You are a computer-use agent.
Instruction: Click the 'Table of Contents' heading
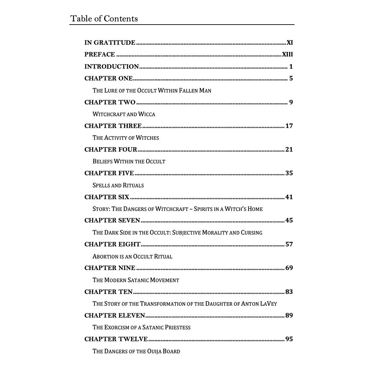104,18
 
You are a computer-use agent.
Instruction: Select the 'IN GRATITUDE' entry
110,43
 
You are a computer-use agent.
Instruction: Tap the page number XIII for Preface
287,55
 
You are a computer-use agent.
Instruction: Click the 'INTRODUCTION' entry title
112,67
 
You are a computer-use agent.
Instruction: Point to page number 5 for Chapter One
291,79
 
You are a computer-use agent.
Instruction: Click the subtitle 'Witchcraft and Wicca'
124,114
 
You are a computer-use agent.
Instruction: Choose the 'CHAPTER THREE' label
113,126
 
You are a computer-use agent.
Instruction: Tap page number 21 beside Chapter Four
289,149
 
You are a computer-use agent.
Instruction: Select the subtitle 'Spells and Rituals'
118,185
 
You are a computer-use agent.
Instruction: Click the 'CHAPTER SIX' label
107,197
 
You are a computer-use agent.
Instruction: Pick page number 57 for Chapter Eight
289,244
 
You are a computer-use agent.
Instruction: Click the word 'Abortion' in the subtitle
105,257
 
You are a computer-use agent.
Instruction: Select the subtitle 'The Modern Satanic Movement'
136,280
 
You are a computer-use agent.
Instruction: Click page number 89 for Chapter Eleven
289,316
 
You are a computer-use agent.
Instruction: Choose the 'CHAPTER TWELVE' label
116,339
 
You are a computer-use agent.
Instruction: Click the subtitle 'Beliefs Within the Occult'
129,161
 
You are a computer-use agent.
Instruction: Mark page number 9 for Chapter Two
291,102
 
